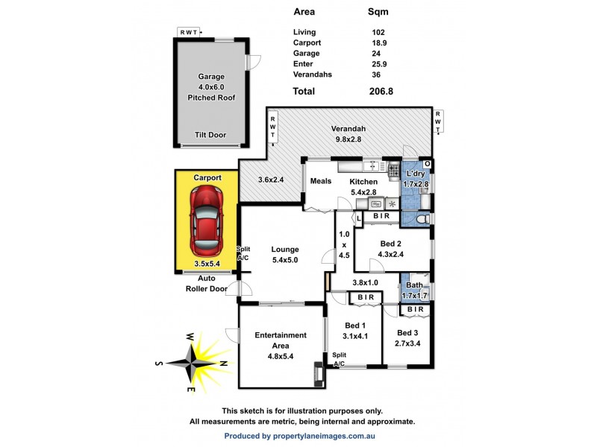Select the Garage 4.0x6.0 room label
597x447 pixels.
pos(211,87)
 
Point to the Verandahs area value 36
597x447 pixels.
pos(376,74)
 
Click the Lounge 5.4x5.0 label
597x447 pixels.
pos(285,254)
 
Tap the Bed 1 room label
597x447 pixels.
pos(355,330)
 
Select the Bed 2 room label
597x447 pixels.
pos(391,249)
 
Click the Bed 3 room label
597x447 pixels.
pos(407,337)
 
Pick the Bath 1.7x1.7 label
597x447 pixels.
pos(415,291)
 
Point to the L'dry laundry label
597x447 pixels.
pos(416,178)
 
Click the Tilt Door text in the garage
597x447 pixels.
pos(211,135)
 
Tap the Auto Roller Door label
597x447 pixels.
pos(206,283)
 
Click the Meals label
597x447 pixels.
pos(320,181)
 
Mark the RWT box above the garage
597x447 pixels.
pos(190,32)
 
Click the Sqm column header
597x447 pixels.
pos(378,13)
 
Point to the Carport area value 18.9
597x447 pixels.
pos(378,43)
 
